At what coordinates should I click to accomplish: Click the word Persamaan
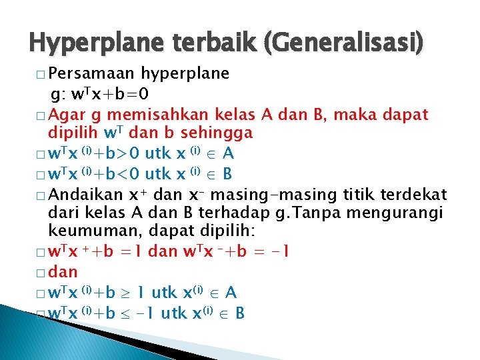(92, 73)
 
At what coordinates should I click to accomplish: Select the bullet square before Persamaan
(41, 73)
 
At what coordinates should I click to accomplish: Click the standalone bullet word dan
(63, 272)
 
